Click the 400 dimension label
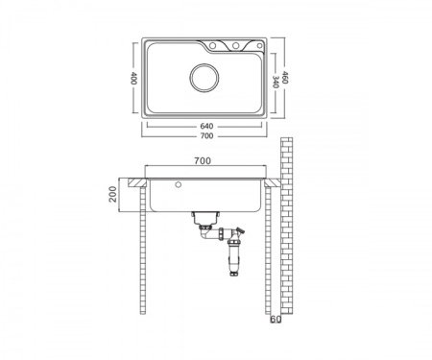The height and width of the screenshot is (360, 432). [x=133, y=78]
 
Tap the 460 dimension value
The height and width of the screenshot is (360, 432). [x=285, y=78]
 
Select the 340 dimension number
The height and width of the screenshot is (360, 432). [x=276, y=82]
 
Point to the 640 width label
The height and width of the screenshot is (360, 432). [x=206, y=127]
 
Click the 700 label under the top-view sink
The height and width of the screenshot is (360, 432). [x=206, y=136]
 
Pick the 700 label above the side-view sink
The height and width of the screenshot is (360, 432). [x=203, y=160]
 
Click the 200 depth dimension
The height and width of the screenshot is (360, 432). [x=112, y=194]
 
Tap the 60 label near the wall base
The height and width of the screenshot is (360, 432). [x=276, y=320]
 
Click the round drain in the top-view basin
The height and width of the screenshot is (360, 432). [x=204, y=78]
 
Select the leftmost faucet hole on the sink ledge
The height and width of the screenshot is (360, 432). [x=212, y=46]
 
